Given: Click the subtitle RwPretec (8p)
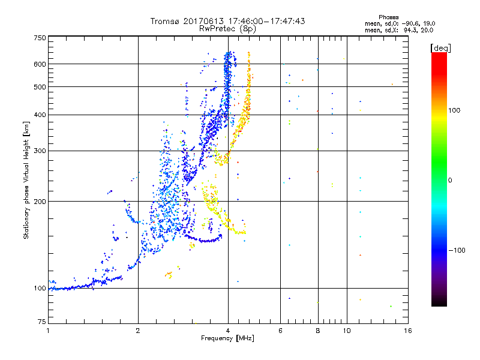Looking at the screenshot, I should [x=228, y=28].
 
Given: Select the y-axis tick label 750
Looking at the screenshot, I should [x=40, y=38].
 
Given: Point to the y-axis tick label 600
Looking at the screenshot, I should [x=40, y=64].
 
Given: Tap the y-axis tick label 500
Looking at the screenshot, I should [x=40, y=87].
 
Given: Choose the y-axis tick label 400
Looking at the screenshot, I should [x=40, y=115].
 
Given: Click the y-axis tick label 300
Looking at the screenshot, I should [x=40, y=151].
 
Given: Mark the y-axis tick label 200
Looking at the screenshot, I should [x=40, y=202].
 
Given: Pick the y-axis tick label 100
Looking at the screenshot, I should [x=40, y=289].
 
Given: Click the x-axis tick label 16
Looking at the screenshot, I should [x=407, y=331].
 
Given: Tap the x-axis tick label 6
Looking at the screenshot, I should [x=280, y=331].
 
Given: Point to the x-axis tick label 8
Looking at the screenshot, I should [x=317, y=331].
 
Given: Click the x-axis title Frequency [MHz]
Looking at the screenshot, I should [x=227, y=339].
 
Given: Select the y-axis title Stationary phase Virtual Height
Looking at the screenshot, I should [x=26, y=180].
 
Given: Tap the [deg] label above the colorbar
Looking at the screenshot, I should [x=440, y=47].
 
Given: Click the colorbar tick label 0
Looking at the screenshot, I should [x=450, y=180].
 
